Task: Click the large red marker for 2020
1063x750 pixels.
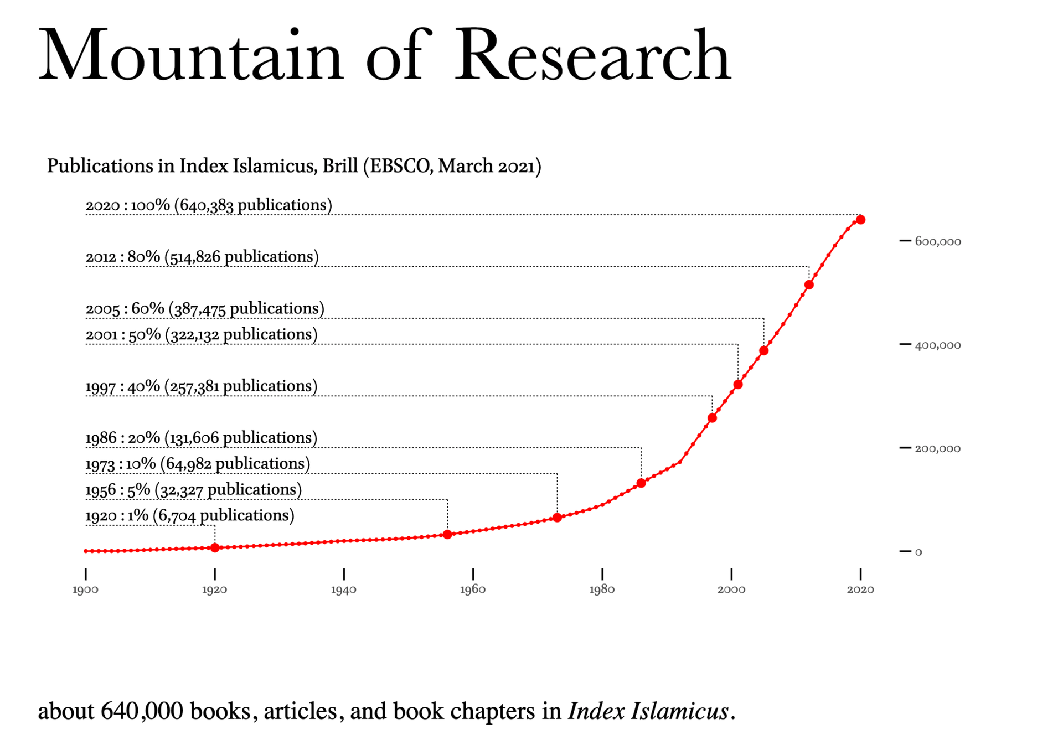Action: [860, 220]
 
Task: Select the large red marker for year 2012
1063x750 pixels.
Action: [809, 285]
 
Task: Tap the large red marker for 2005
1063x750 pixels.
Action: [764, 350]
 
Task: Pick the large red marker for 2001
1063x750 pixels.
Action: [738, 384]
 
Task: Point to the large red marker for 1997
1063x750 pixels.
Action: [713, 418]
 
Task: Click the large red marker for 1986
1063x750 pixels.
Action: [641, 483]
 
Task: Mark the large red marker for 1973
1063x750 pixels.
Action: [558, 518]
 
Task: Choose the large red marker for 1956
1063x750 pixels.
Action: [447, 534]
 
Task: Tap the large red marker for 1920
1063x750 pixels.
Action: [215, 547]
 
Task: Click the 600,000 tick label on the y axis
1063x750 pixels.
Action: [938, 241]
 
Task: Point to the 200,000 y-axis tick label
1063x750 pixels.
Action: [938, 448]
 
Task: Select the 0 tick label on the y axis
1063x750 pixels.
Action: [918, 552]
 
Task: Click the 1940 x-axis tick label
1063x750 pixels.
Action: [344, 590]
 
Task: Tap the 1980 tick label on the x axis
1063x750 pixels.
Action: [602, 590]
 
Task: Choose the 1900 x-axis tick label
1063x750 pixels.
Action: [86, 590]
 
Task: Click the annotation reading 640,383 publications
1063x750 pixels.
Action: [253, 205]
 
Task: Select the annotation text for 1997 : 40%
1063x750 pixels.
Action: [123, 386]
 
